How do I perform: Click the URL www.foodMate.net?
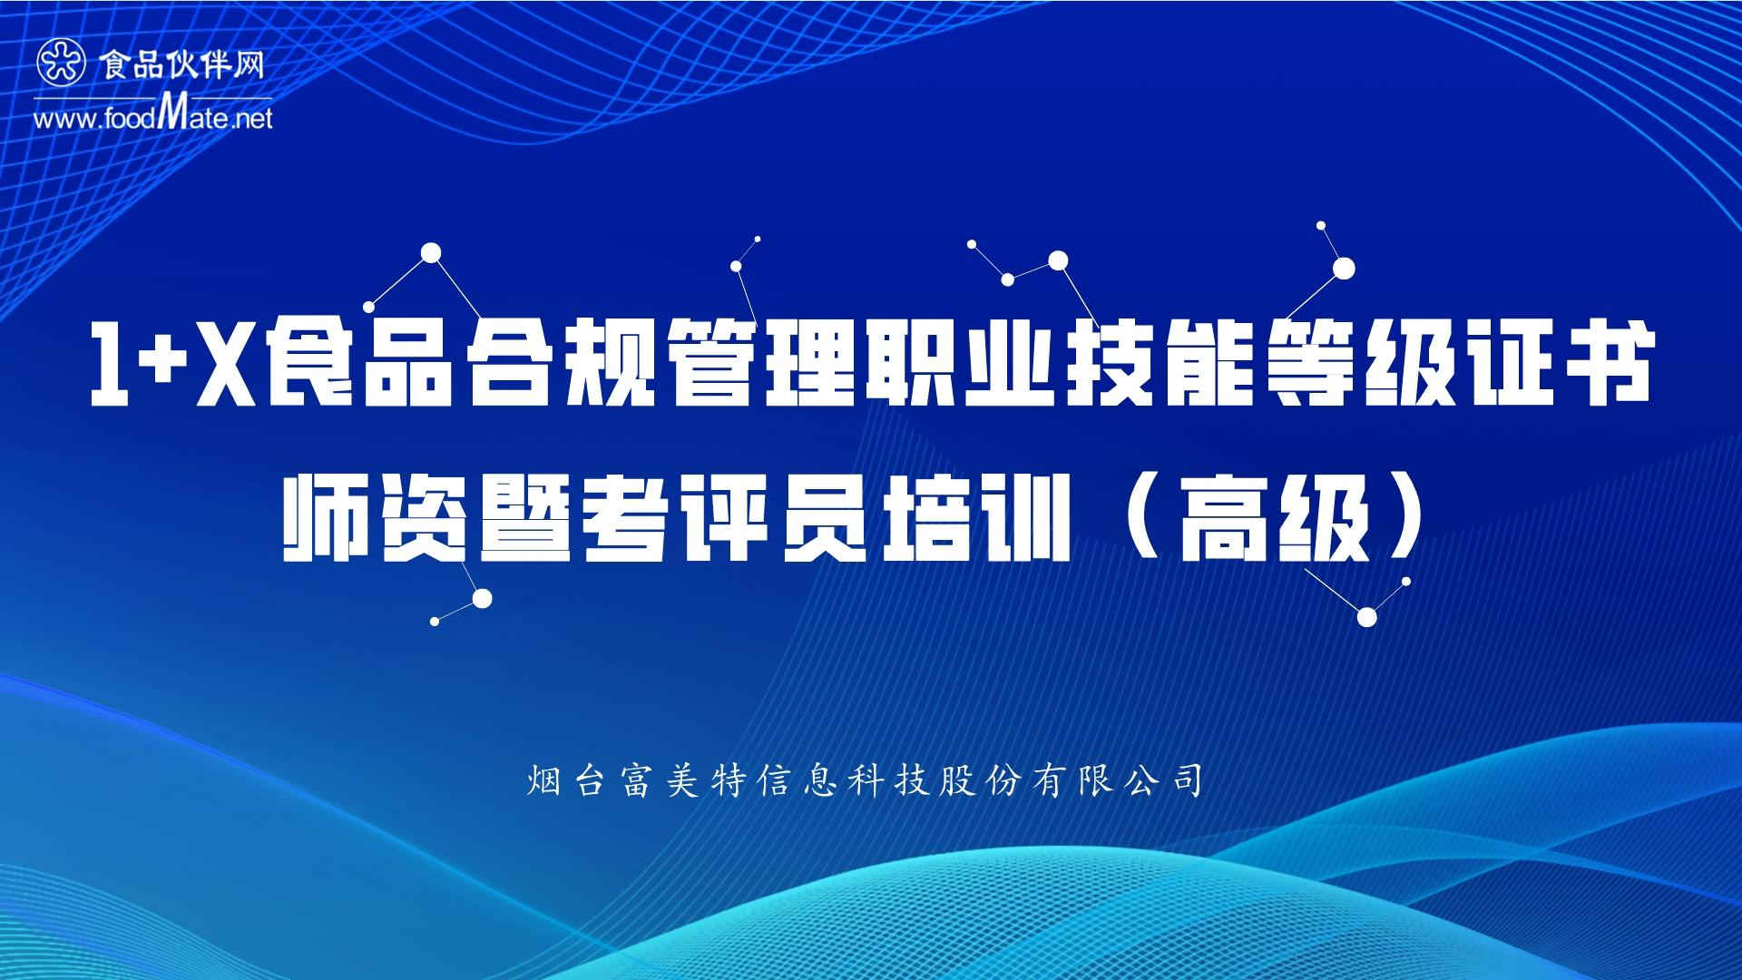(x=152, y=116)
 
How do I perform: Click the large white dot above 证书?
(x=1344, y=268)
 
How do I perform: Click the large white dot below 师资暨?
(x=483, y=598)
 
